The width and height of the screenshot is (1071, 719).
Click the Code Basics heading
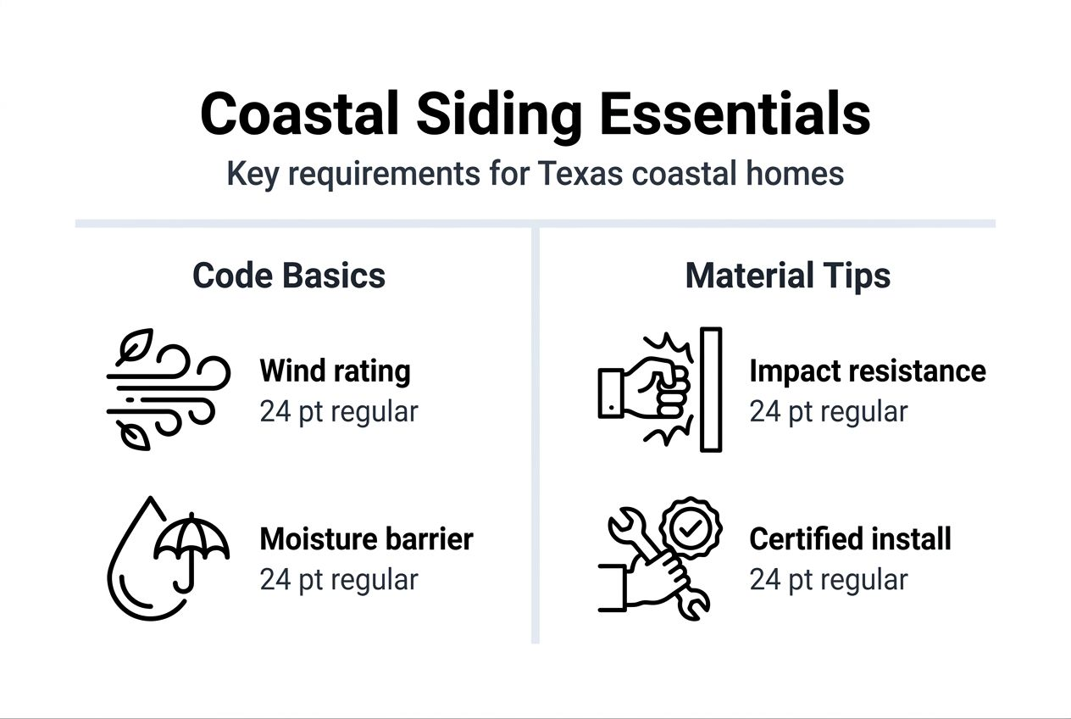(289, 276)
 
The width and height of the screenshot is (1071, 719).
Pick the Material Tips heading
(787, 276)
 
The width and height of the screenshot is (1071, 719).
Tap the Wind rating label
(335, 371)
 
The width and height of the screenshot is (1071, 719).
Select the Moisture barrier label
(366, 538)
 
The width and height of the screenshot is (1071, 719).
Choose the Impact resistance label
(867, 371)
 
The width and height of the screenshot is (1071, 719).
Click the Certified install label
(850, 538)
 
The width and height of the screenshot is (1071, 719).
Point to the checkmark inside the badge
(691, 528)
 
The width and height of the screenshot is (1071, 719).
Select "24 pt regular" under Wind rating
(338, 412)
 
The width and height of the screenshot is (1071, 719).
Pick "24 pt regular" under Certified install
(828, 580)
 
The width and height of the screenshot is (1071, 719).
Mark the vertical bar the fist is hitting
(711, 390)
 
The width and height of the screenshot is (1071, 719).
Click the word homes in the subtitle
(801, 174)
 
